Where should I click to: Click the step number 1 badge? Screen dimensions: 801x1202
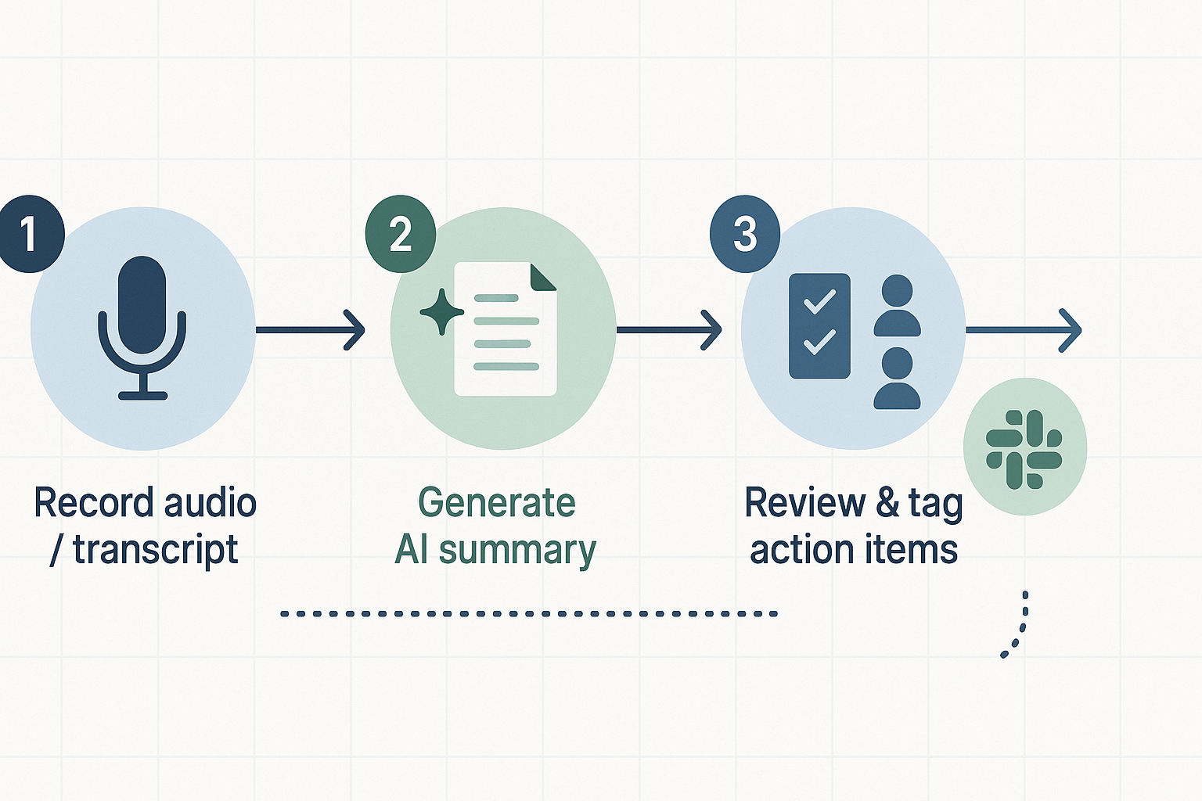pos(30,234)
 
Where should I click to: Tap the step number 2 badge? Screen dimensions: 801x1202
pos(401,234)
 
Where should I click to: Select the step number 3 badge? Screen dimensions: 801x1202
pos(744,234)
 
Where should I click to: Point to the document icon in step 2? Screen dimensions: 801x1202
pos(506,329)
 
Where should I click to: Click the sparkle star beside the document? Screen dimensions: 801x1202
pos(441,311)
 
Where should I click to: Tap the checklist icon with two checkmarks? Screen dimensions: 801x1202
pos(819,325)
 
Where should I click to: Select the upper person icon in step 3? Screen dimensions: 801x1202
pos(897,306)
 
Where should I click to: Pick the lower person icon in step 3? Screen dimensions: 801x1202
pos(897,379)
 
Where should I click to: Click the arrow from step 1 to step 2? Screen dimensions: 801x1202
pos(310,330)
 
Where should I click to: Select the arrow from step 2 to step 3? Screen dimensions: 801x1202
pos(668,330)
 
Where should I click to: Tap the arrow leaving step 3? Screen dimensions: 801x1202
pos(1024,330)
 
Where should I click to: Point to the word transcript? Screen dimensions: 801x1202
pos(155,551)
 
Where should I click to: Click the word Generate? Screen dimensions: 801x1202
pos(497,503)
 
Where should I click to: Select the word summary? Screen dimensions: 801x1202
pos(517,551)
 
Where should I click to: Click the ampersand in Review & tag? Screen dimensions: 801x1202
pos(887,503)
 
